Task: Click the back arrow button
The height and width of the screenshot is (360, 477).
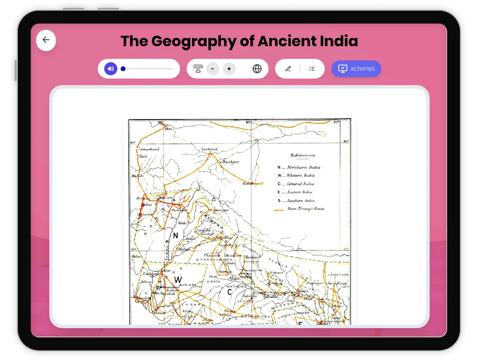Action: pyautogui.click(x=46, y=40)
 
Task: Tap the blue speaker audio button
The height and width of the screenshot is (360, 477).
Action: pyautogui.click(x=111, y=69)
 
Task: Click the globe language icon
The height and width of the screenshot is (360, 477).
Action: pyautogui.click(x=257, y=69)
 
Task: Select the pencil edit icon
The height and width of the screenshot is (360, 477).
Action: pyautogui.click(x=288, y=69)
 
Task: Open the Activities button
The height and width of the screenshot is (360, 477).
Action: pyautogui.click(x=356, y=69)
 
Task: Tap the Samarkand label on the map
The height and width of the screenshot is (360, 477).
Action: pyautogui.click(x=149, y=149)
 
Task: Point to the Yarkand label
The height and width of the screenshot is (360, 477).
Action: pyautogui.click(x=209, y=149)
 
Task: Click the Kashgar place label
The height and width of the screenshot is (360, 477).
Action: pyautogui.click(x=231, y=162)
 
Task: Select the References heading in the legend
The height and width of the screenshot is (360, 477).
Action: pyautogui.click(x=302, y=155)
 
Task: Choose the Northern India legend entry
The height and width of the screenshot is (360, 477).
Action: pyautogui.click(x=303, y=167)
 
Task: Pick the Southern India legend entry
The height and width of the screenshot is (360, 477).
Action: pyautogui.click(x=301, y=201)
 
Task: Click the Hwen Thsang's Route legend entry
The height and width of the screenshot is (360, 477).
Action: pyautogui.click(x=305, y=209)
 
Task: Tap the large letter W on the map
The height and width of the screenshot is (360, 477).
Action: pyautogui.click(x=178, y=280)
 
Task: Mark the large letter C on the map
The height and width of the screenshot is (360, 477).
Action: pyautogui.click(x=229, y=292)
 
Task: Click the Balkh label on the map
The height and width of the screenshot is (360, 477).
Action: pyautogui.click(x=137, y=176)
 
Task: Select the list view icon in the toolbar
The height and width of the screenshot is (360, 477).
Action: pyautogui.click(x=312, y=69)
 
